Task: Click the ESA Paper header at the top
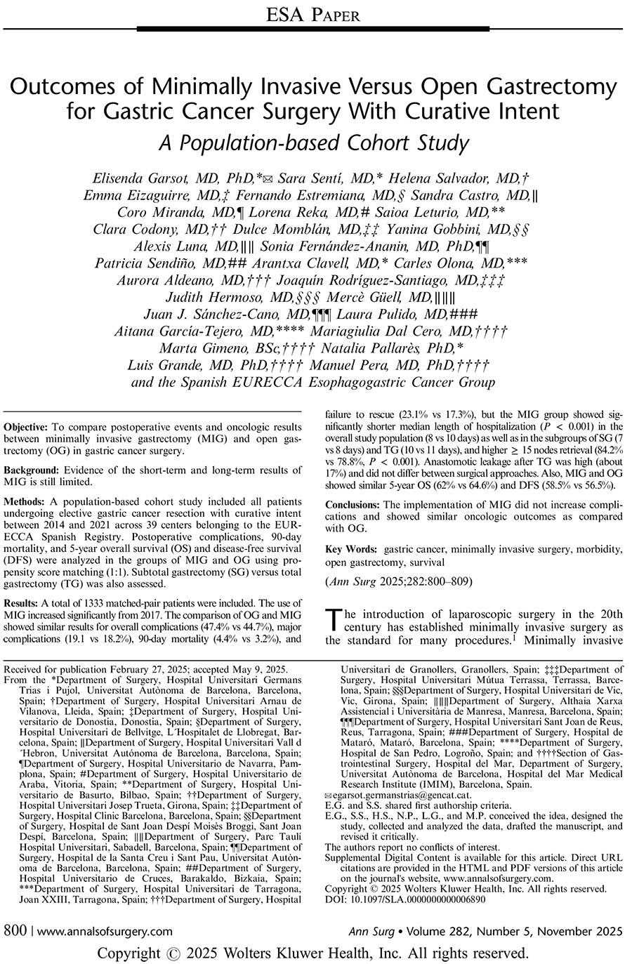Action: point(315,14)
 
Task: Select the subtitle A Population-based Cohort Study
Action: point(315,143)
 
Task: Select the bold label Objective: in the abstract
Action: point(27,427)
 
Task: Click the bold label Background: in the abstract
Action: point(32,470)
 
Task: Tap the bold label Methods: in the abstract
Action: point(27,503)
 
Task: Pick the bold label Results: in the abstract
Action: point(25,602)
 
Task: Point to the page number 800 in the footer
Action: point(15,932)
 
